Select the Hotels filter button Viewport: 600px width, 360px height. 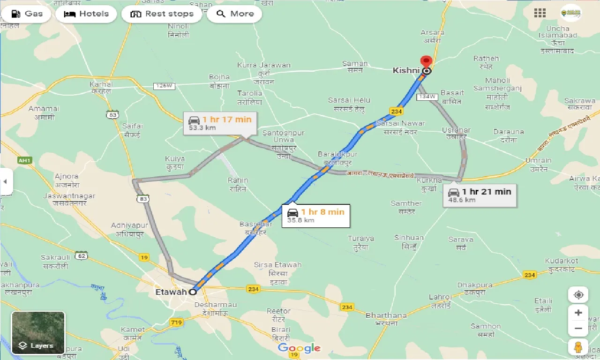pos(86,14)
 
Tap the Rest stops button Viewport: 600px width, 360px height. pos(162,14)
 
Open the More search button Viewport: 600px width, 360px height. pos(234,14)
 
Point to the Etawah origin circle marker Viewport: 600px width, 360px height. pos(193,292)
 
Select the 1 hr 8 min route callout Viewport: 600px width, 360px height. pos(315,215)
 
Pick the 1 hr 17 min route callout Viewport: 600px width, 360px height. pos(219,123)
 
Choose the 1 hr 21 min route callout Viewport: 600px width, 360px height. pos(480,195)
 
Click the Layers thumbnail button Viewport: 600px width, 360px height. pos(38,333)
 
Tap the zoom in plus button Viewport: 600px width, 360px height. pos(578,313)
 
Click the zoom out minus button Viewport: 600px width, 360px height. pos(578,329)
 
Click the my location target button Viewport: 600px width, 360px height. pos(578,294)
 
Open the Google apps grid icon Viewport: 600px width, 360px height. pos(540,13)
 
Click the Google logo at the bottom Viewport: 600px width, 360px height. pos(299,348)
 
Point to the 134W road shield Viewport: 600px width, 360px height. pos(427,97)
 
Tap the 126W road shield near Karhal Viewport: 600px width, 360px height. pos(164,86)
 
